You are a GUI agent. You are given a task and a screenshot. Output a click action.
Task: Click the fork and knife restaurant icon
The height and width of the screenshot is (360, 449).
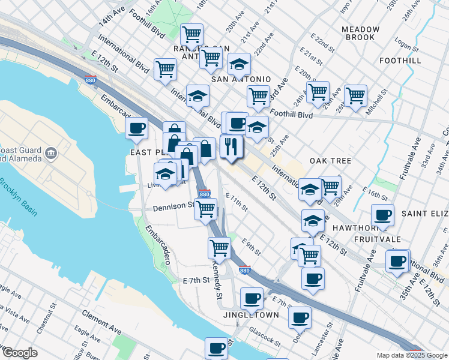pyautogui.click(x=231, y=146)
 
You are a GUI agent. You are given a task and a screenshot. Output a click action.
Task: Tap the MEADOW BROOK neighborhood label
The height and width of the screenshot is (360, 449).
pyautogui.click(x=361, y=34)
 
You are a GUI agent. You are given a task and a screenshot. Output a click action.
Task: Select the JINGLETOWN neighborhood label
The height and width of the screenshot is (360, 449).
pyautogui.click(x=251, y=315)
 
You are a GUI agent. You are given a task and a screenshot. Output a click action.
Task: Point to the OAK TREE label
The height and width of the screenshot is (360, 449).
pyautogui.click(x=330, y=161)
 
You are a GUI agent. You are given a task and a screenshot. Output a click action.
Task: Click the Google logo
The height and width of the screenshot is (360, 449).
pyautogui.click(x=20, y=353)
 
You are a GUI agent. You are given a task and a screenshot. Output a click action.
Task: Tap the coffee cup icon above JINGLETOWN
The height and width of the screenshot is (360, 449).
pyautogui.click(x=252, y=298)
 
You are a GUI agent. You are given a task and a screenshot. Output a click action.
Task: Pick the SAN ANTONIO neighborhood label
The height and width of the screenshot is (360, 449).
pyautogui.click(x=240, y=79)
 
